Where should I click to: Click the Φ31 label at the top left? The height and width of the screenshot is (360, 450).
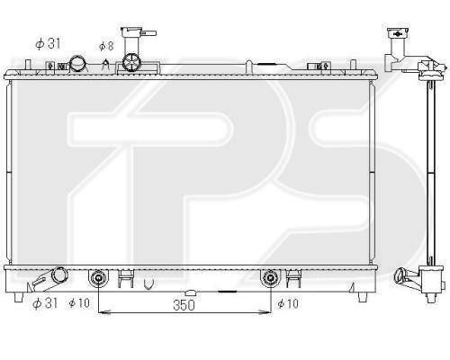pos(48,44)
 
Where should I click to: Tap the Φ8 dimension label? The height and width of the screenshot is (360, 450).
pos(106,46)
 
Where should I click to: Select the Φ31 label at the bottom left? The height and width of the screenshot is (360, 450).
pos(45,303)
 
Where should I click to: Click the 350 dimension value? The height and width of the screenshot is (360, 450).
pos(184,305)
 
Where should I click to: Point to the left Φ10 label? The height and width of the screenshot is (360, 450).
pos(79,303)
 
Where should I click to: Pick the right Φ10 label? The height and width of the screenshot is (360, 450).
pos(288,303)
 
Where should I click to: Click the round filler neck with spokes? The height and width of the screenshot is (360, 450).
pos(131,62)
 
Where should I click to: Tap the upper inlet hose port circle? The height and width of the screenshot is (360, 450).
pos(77,64)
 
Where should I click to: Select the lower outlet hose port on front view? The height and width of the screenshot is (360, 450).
pos(59,274)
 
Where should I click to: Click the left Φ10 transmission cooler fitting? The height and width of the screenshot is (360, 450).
pos(98,278)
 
